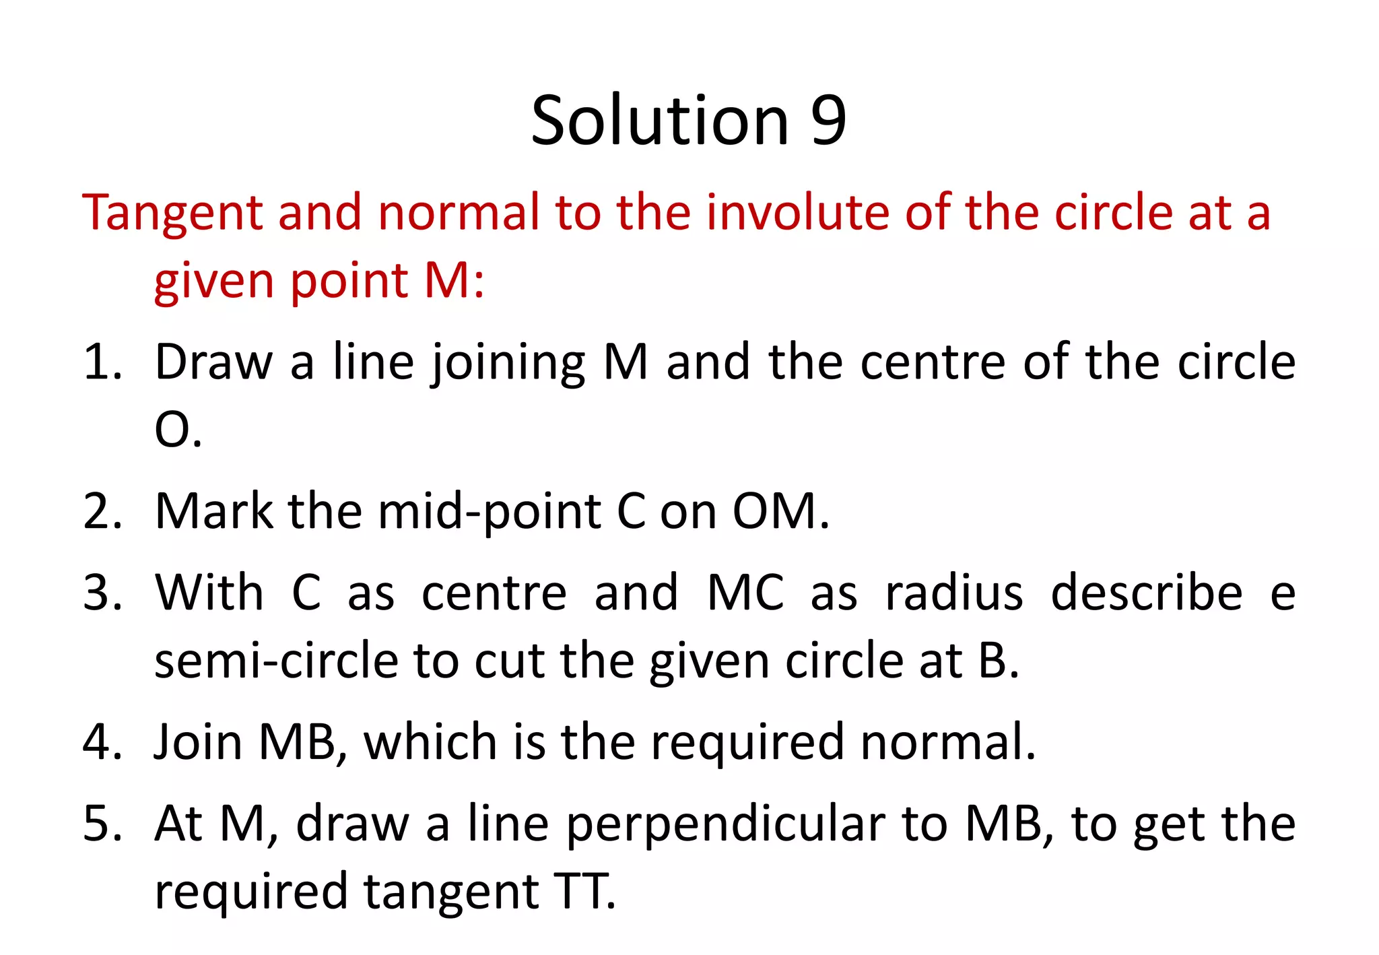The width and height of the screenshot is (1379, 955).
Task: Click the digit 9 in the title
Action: click(x=828, y=121)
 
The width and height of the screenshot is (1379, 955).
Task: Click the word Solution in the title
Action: click(x=659, y=121)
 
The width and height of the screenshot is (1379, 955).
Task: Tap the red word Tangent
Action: click(x=172, y=213)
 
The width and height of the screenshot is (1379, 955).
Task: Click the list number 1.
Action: click(x=101, y=362)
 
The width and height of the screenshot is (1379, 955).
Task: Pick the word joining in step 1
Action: click(x=508, y=364)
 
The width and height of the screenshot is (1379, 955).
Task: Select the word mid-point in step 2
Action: click(x=490, y=513)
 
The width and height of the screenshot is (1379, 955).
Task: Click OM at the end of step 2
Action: click(x=774, y=512)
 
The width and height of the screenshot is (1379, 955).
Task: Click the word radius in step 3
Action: click(x=953, y=593)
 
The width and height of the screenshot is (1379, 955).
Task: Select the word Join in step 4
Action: click(x=198, y=742)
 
